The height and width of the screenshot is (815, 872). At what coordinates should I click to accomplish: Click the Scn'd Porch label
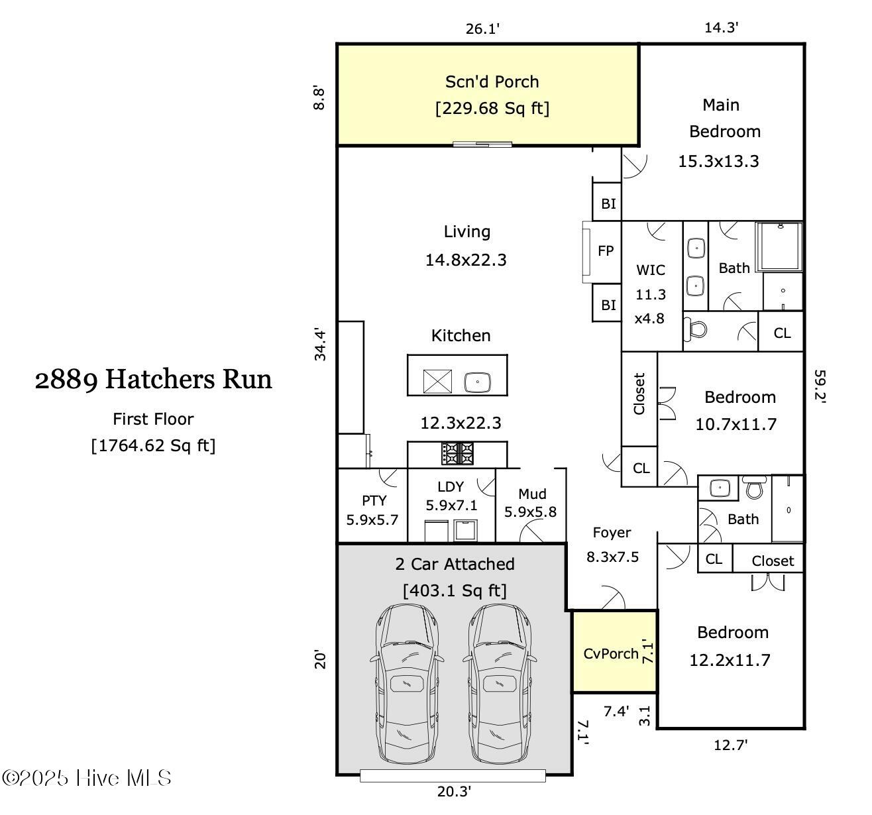(492, 81)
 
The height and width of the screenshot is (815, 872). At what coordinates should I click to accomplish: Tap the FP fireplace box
(606, 251)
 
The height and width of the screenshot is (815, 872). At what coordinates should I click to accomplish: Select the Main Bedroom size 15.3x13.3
(718, 161)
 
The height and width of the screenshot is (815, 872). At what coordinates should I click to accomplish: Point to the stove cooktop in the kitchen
(458, 454)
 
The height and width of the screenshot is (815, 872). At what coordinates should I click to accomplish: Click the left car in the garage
(407, 683)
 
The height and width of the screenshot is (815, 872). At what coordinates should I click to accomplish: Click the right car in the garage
(500, 683)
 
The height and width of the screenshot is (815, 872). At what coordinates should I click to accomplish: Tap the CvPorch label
(611, 653)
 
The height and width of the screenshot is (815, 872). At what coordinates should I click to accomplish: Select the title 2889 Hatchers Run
(153, 380)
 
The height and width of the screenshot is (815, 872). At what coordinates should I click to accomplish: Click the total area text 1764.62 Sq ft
(153, 445)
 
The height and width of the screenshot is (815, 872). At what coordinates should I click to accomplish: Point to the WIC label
(650, 270)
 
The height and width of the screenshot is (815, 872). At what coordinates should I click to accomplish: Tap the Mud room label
(532, 494)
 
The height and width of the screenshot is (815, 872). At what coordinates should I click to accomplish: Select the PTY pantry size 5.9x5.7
(372, 519)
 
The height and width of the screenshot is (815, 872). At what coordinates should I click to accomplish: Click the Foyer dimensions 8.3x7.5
(612, 557)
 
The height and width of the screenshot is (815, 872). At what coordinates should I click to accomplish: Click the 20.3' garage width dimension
(454, 791)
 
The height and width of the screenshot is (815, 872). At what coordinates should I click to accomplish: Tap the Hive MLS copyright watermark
(87, 778)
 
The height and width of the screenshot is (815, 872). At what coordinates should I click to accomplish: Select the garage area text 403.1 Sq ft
(455, 590)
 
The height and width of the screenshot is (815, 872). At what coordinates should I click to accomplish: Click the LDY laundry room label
(451, 486)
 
